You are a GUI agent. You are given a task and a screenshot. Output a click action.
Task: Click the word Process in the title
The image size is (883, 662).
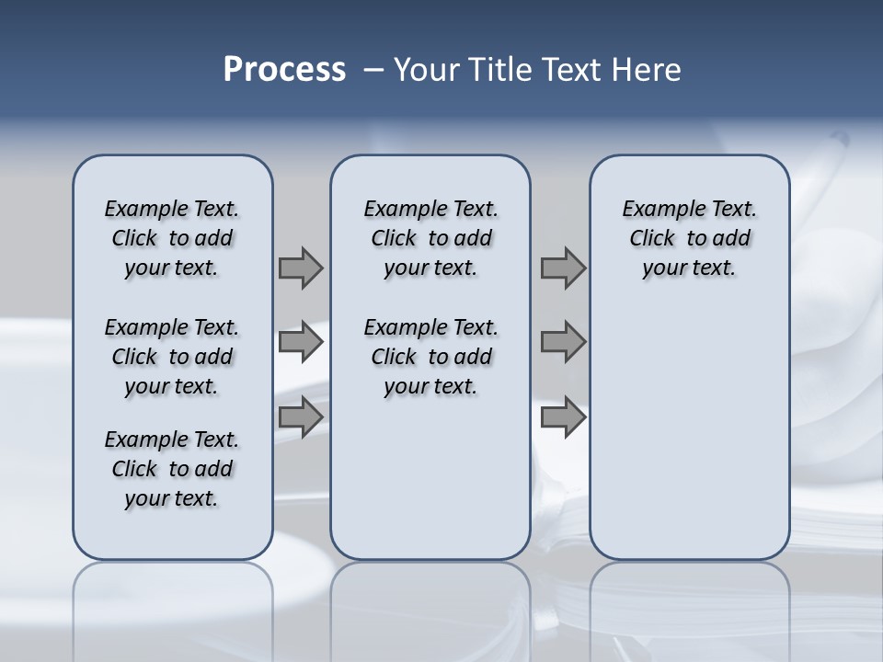tap(284, 70)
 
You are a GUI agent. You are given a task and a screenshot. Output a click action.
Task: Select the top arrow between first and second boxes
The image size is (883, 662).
tap(301, 268)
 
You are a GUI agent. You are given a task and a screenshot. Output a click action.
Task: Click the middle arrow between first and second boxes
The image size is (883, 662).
tap(301, 342)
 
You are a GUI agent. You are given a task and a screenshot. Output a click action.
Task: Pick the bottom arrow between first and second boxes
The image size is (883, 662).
tap(301, 417)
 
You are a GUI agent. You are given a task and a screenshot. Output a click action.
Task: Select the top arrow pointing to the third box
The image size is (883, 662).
tap(563, 268)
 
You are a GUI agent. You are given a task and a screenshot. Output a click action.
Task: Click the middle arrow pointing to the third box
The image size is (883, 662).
tap(563, 342)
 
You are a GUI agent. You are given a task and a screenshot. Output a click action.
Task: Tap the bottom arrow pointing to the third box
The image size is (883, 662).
tap(563, 417)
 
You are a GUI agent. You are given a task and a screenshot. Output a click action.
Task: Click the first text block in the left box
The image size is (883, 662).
tap(172, 238)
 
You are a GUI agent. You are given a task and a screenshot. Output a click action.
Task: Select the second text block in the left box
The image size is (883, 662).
tap(172, 357)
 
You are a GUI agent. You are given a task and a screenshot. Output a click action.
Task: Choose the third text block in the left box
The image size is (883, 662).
tap(172, 469)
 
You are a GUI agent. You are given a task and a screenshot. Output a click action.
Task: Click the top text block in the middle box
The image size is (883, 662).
tap(430, 238)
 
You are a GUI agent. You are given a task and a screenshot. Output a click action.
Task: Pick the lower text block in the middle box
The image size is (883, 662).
tap(430, 357)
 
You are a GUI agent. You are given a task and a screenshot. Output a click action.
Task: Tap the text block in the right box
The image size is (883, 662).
tap(689, 238)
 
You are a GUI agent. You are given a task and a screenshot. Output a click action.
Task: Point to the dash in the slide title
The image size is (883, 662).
tap(373, 70)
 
